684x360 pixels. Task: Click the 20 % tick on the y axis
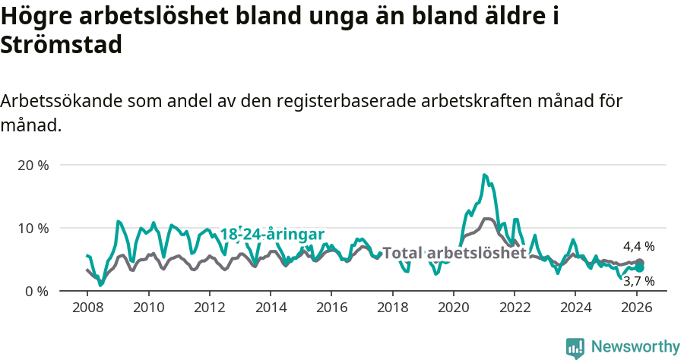tap(32, 165)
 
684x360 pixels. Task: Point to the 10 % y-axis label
tap(32, 228)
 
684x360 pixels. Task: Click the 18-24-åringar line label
tap(272, 234)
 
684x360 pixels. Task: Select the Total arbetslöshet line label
tap(454, 253)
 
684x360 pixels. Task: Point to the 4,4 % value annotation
tap(638, 246)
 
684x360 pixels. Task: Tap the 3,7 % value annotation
tap(638, 281)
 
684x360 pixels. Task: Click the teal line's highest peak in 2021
tap(484, 175)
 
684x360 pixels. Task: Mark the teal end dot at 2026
tap(640, 267)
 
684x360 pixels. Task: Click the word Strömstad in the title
tap(62, 46)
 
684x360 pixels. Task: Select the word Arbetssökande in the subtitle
tap(61, 101)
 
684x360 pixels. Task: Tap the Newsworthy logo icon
tap(575, 348)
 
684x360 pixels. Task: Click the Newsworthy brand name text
tap(635, 347)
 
